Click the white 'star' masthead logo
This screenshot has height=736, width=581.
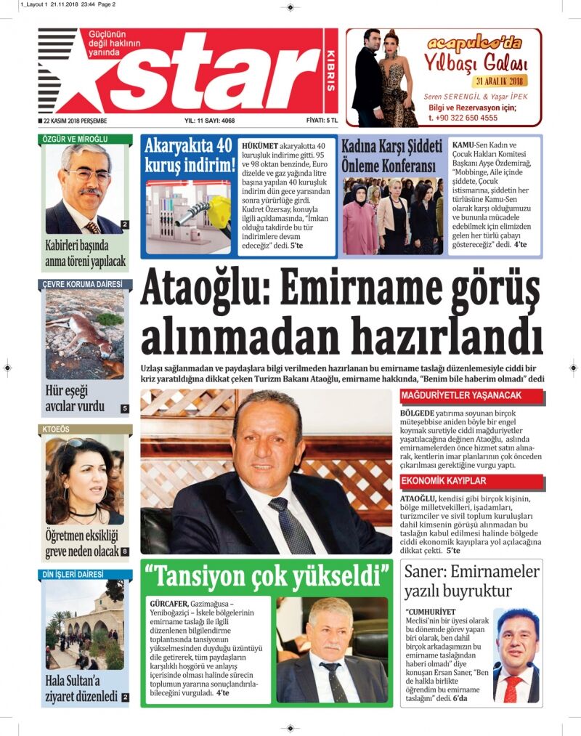(x=218, y=73)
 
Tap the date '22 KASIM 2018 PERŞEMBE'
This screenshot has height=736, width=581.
(x=75, y=121)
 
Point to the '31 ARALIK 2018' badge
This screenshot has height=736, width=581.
(x=500, y=81)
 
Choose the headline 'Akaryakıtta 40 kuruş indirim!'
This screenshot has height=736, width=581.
(x=188, y=155)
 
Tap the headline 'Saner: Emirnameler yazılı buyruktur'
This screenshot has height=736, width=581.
(x=471, y=581)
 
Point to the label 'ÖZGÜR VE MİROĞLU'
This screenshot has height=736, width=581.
(x=73, y=139)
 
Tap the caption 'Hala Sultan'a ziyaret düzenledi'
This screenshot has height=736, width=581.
(x=80, y=687)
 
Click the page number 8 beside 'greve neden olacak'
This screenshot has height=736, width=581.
(x=125, y=552)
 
